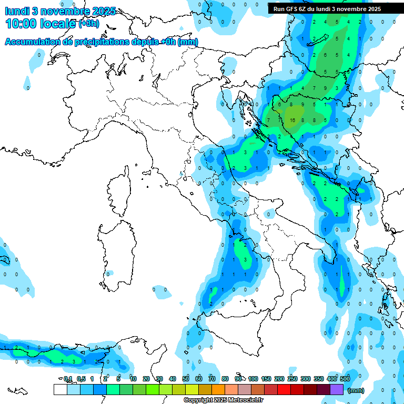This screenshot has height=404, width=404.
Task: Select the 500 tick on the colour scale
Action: [x=345, y=379]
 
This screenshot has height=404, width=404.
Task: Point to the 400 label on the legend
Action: [x=332, y=379]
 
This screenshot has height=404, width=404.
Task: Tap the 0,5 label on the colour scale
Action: [x=81, y=379]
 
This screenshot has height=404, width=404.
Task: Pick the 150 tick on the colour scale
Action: [x=266, y=379]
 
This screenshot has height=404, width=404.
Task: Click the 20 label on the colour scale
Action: [x=146, y=379]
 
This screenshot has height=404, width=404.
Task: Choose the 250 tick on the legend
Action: [x=292, y=379]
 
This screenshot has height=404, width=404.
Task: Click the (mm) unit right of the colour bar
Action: [x=356, y=390]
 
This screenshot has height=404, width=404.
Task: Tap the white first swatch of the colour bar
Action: [x=60, y=390]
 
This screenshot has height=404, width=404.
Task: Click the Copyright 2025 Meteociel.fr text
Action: [x=223, y=400]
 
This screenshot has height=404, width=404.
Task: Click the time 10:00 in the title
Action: [x=23, y=24]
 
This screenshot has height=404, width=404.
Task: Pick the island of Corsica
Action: [x=120, y=193]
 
